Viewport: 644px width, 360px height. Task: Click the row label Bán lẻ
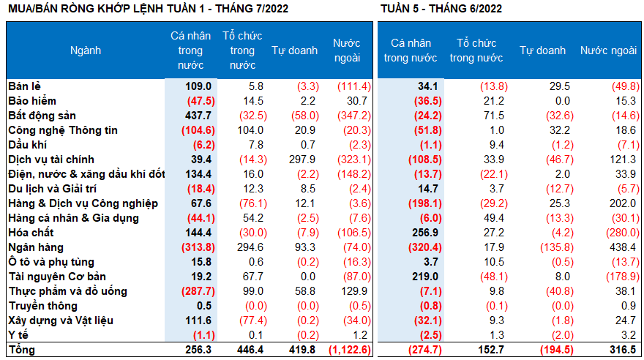(23, 86)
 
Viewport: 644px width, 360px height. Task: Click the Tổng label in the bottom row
(22, 350)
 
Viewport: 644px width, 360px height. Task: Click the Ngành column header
(86, 50)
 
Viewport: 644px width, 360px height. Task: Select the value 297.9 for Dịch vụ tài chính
(302, 160)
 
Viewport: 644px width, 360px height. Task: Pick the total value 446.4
(247, 350)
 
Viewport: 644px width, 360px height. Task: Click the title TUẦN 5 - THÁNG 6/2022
(441, 9)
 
